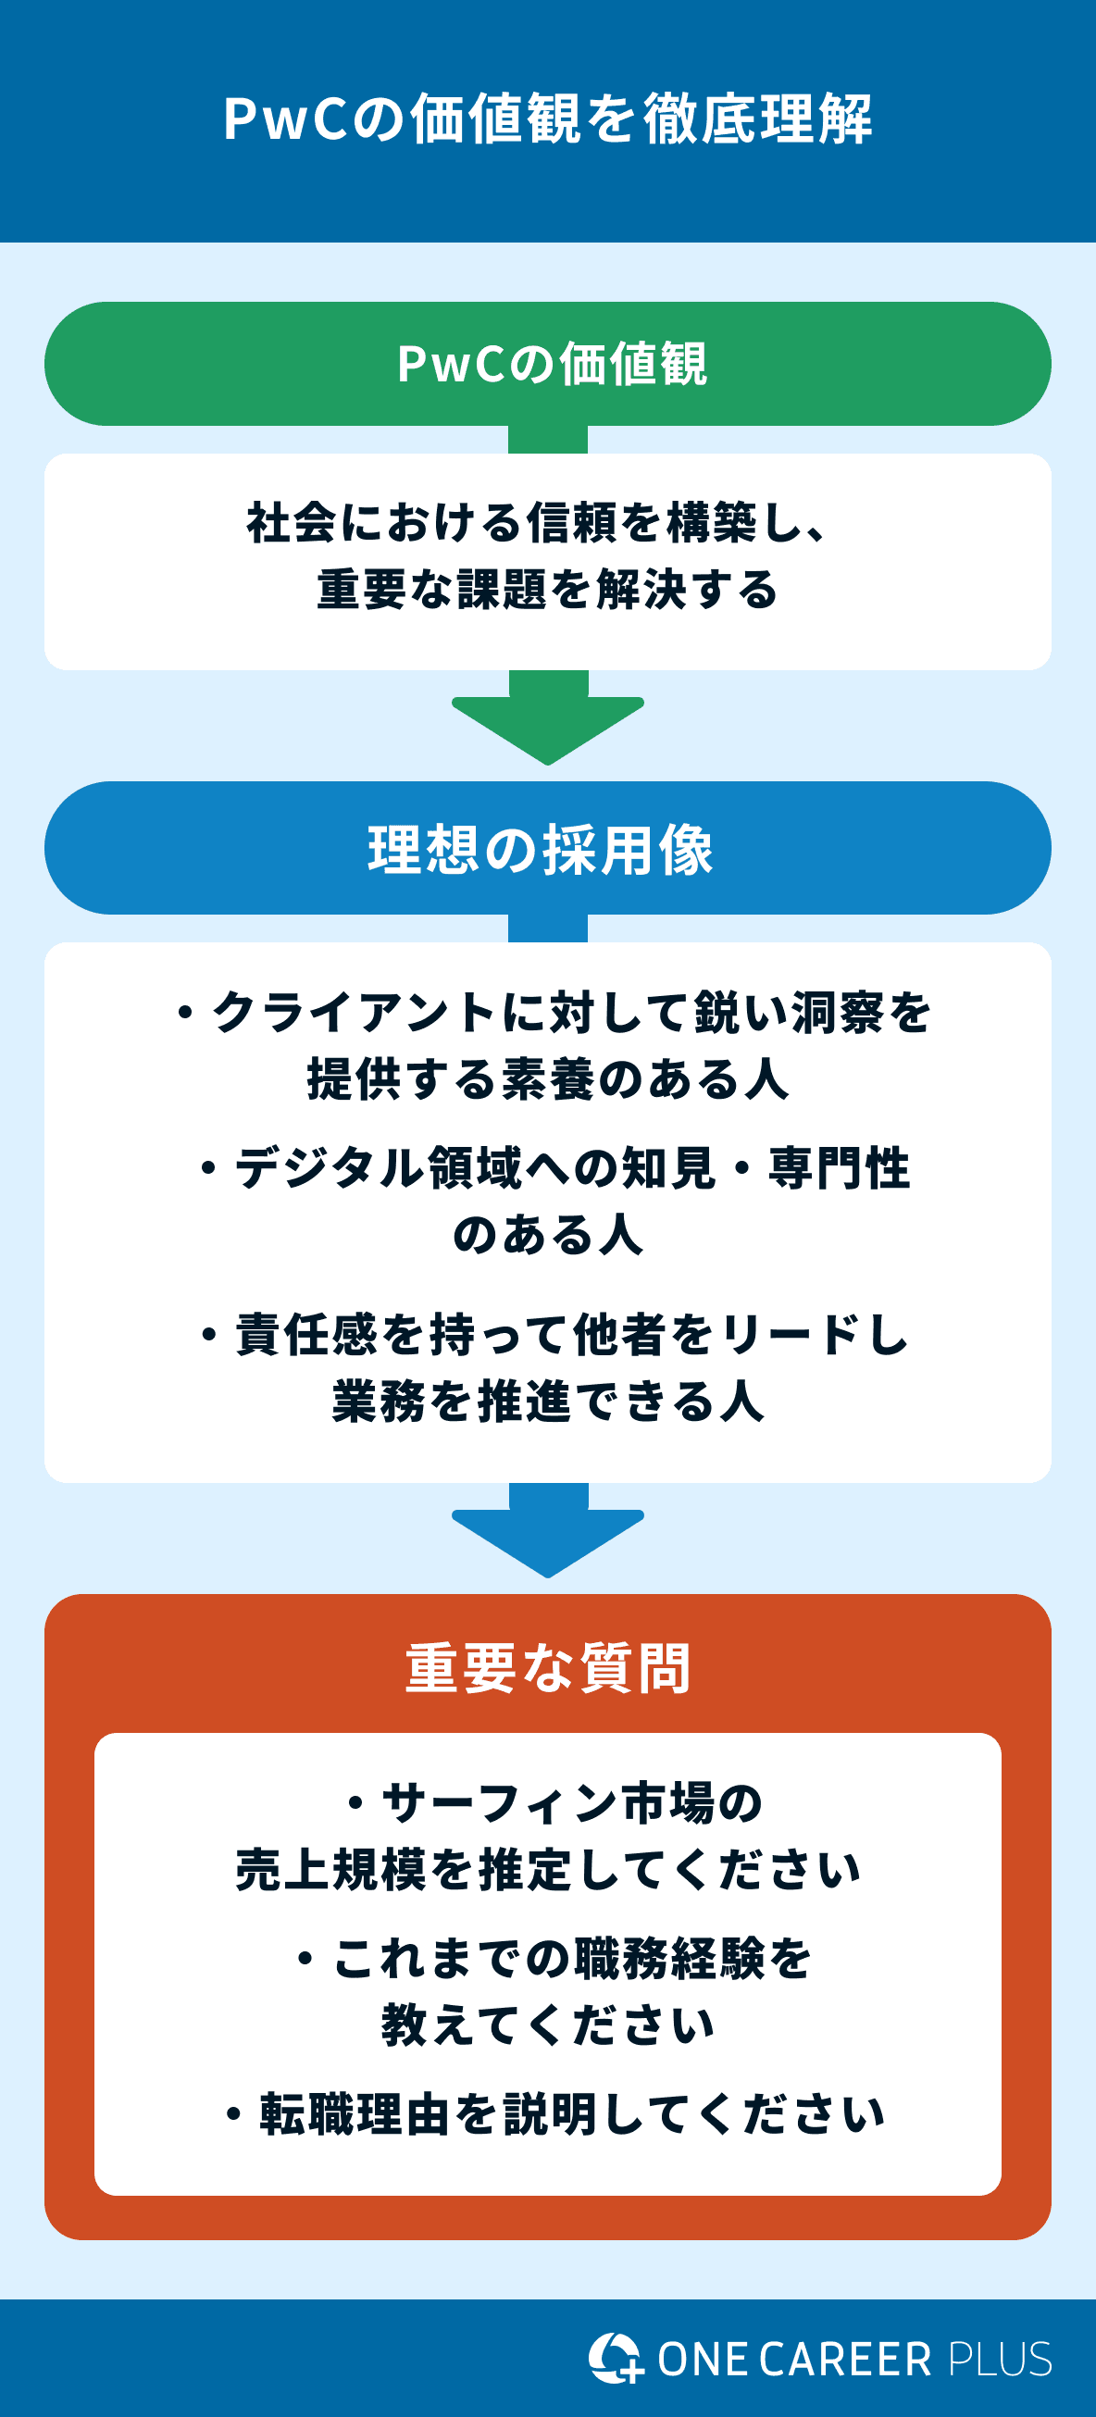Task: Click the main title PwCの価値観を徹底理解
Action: [x=548, y=119]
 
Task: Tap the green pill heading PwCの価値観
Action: [x=552, y=364]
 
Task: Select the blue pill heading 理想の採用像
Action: [x=541, y=850]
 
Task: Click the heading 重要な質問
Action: [x=548, y=1669]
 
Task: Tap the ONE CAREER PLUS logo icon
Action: [x=616, y=2357]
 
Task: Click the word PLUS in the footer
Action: [x=1000, y=2359]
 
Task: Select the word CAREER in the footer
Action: [x=845, y=2359]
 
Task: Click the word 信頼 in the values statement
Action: [x=573, y=523]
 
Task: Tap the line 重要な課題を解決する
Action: [x=548, y=591]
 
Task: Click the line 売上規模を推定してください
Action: [x=548, y=1869]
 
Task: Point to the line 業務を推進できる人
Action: [x=548, y=1402]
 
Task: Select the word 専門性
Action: [x=839, y=1169]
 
